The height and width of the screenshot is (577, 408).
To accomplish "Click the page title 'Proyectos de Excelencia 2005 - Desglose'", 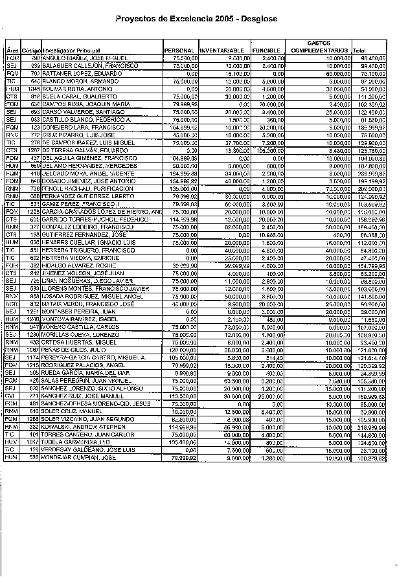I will coord(196,19).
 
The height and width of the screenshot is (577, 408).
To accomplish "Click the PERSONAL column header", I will coord(179,50).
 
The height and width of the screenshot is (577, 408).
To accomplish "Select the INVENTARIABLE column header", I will coord(221,50).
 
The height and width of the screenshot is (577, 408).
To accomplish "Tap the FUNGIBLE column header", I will coord(266,50).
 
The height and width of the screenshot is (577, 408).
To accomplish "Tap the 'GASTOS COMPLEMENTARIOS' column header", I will coord(319,46).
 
